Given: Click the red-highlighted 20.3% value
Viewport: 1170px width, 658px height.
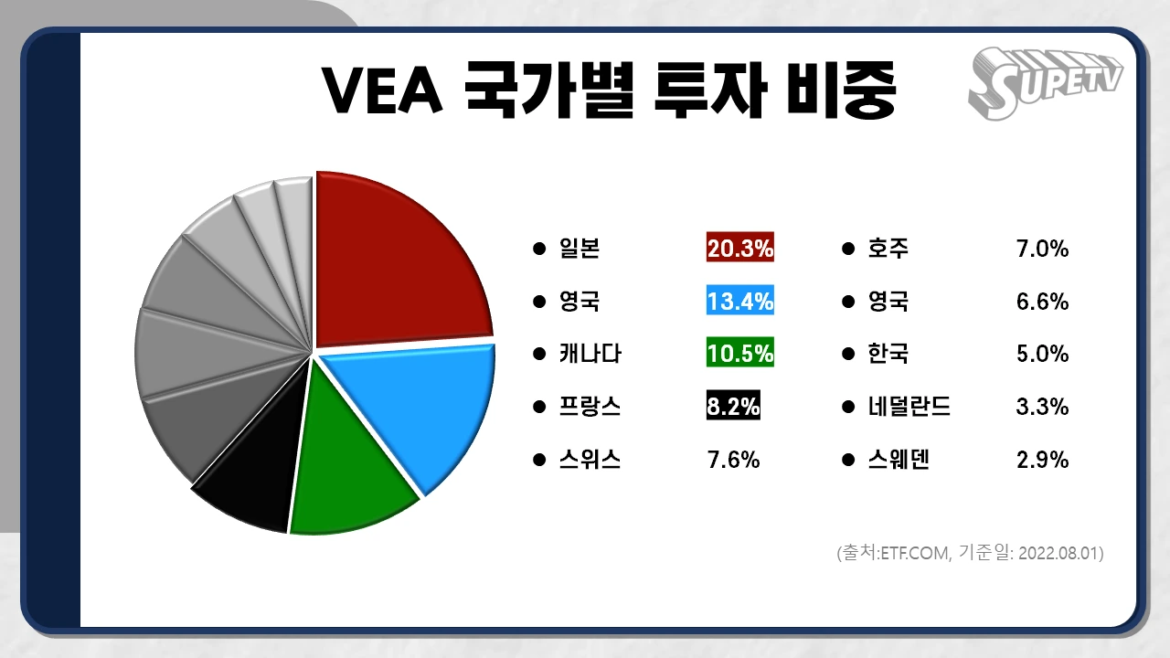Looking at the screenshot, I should pos(740,248).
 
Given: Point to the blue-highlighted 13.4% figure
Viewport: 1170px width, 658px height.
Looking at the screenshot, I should pos(740,301).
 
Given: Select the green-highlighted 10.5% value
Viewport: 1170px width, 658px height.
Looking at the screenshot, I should pos(740,354).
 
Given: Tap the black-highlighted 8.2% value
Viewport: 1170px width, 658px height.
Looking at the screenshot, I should pos(733,407).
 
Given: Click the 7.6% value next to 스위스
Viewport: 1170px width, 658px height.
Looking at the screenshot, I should pos(733,460).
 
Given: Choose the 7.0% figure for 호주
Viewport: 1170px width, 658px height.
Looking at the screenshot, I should pos(1042,248).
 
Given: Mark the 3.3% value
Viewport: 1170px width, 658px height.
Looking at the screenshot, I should pos(1042,407).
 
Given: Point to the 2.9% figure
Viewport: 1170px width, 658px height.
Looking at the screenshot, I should pos(1042,460).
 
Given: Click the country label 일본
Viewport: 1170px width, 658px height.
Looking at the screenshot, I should pos(579,248).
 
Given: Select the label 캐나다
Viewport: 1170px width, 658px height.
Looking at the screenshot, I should pos(590,354).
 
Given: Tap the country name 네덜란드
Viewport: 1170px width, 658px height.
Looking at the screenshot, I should pos(909,407).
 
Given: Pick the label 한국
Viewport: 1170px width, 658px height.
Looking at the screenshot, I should pos(888,354).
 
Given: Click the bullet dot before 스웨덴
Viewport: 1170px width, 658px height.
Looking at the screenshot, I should pos(848,460).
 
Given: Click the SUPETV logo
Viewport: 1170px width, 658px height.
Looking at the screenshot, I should pos(1045,85).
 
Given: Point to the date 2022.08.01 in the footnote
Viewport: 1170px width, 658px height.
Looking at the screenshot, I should pos(1059,554).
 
